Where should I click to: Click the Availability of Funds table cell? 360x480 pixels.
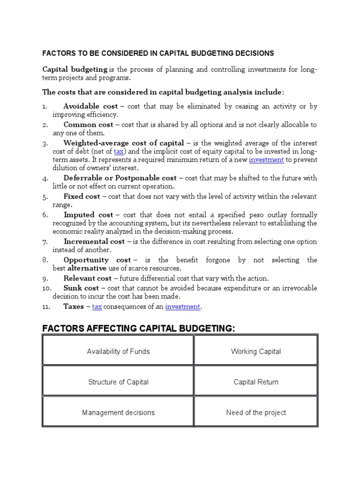(x=118, y=352)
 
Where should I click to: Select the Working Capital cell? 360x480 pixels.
(x=256, y=352)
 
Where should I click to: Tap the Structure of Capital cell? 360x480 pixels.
(x=118, y=382)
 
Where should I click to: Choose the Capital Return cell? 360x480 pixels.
(x=256, y=382)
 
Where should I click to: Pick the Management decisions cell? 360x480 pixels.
(x=118, y=412)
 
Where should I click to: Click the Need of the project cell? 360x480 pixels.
(x=256, y=412)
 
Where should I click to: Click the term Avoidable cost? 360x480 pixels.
(x=88, y=106)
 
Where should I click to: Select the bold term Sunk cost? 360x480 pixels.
(x=81, y=288)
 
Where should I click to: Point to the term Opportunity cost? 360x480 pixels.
(x=97, y=260)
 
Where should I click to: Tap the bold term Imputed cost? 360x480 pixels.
(x=89, y=215)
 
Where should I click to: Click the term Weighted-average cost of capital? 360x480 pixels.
(x=124, y=142)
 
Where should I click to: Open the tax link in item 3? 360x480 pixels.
(x=119, y=151)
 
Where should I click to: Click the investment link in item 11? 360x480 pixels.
(x=183, y=307)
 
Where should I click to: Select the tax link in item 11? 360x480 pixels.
(x=97, y=307)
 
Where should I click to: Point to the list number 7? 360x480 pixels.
(x=45, y=242)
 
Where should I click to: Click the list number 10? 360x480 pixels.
(x=46, y=288)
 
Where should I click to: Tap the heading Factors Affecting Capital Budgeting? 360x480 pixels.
(x=138, y=328)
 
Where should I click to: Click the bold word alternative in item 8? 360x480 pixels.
(x=84, y=269)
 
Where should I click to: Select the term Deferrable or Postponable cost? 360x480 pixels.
(x=120, y=178)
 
